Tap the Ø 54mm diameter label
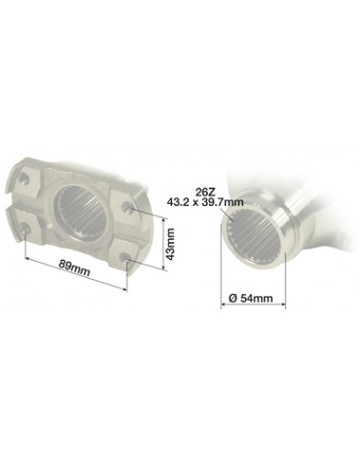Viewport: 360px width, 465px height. pos(252,299)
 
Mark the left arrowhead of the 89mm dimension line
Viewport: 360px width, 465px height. pos(27,256)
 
